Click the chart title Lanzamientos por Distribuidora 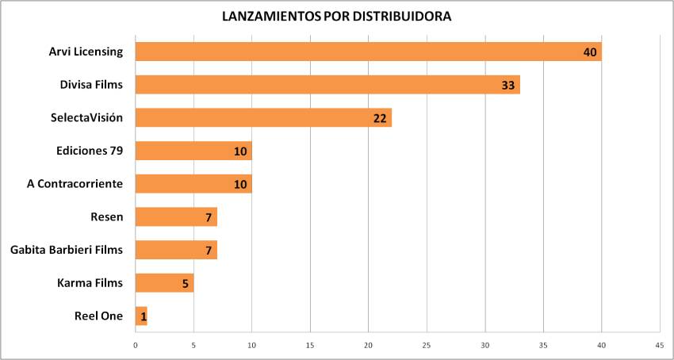pos(338,17)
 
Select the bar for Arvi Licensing pos(368,52)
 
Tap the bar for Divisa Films pos(327,85)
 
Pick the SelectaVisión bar pos(263,117)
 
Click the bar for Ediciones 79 pos(193,151)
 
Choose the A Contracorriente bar pos(193,184)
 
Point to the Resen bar pos(176,216)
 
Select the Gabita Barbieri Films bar pos(176,250)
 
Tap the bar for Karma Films pos(164,283)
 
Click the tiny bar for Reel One pos(141,316)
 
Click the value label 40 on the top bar pos(589,52)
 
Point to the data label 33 pos(508,85)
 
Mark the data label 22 pos(380,118)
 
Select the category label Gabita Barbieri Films pos(67,250)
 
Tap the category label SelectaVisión pos(86,117)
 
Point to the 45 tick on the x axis pos(660,346)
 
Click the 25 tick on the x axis pos(427,346)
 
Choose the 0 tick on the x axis pos(136,346)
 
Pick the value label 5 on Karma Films pos(185,283)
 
